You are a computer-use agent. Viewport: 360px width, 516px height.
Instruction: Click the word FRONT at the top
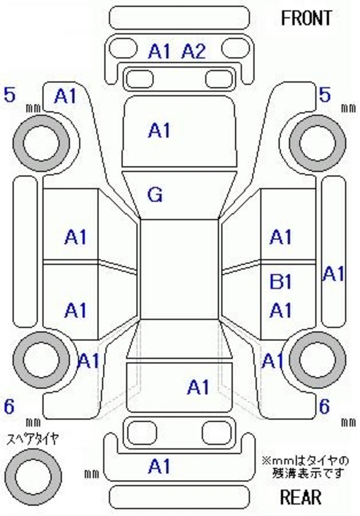point(306,18)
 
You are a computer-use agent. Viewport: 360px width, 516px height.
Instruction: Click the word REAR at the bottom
point(301,497)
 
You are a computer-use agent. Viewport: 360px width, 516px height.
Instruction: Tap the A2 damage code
point(193,52)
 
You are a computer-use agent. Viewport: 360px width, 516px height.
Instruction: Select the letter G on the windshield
point(155,195)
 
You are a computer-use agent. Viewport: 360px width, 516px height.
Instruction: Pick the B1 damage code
point(281,282)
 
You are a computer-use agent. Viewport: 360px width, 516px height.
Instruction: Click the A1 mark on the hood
point(160,130)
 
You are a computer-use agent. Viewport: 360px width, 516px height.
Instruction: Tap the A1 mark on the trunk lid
point(198,387)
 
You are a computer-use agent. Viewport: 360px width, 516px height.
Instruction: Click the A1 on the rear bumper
point(160,467)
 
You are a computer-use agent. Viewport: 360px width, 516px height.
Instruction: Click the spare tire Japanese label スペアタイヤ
point(32,438)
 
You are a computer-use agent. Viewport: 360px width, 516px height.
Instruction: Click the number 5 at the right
point(325,95)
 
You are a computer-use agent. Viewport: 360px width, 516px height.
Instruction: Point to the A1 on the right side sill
point(333,274)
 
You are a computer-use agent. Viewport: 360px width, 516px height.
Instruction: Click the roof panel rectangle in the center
point(180,269)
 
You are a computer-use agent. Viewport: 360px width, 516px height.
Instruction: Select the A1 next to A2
point(160,52)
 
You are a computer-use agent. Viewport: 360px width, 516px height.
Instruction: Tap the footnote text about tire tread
point(306,467)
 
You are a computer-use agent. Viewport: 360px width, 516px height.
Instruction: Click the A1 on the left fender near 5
point(65,96)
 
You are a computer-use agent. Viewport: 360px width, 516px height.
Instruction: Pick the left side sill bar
point(25,252)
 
